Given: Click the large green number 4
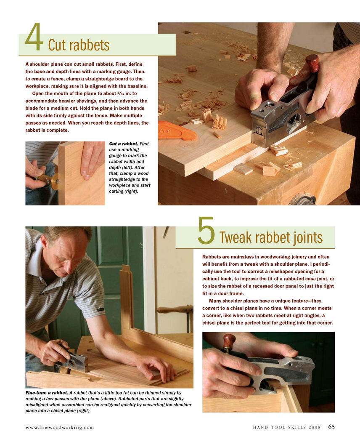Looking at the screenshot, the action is click(x=34, y=37).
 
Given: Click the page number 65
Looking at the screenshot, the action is click(x=331, y=426).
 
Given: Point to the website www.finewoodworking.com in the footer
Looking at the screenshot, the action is click(x=59, y=427).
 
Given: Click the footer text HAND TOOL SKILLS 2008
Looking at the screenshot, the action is click(x=287, y=427).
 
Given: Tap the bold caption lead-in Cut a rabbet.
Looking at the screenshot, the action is click(x=124, y=144).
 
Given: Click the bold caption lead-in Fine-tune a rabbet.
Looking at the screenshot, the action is click(x=47, y=393).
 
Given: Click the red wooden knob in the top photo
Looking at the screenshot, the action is click(x=312, y=64).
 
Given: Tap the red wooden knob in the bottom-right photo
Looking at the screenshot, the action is click(x=229, y=341).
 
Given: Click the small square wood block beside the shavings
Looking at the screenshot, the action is click(x=243, y=169).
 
